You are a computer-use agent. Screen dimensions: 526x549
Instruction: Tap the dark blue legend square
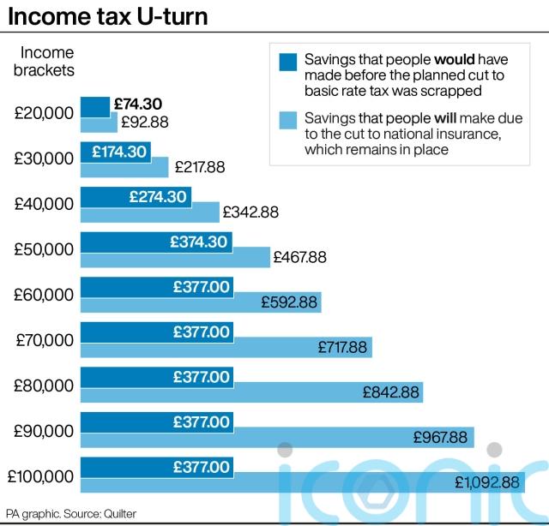pos(289,62)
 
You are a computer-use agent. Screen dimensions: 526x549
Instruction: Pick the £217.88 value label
pos(199,167)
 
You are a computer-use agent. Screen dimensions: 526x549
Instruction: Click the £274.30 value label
pos(158,196)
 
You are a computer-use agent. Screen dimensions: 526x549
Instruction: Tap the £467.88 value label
pos(299,257)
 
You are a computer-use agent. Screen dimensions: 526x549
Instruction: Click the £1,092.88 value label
pos(487,482)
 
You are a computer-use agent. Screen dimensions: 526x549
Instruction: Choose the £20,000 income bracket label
pos(44,113)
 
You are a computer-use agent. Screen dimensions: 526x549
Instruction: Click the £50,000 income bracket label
pos(44,249)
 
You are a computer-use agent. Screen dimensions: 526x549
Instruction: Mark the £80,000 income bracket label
pos(44,386)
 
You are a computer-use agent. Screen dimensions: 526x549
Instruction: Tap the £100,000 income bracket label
pos(39,476)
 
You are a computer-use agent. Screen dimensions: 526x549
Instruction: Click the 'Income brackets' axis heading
pos(48,62)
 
